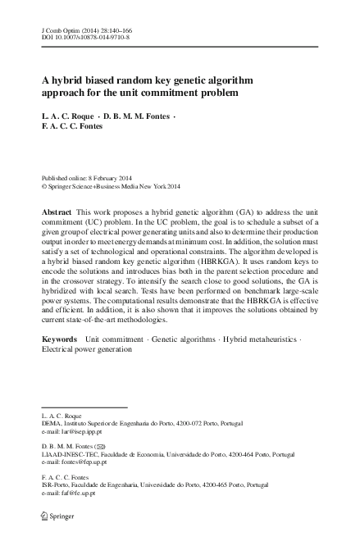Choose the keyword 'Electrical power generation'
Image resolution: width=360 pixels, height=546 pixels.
86,348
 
